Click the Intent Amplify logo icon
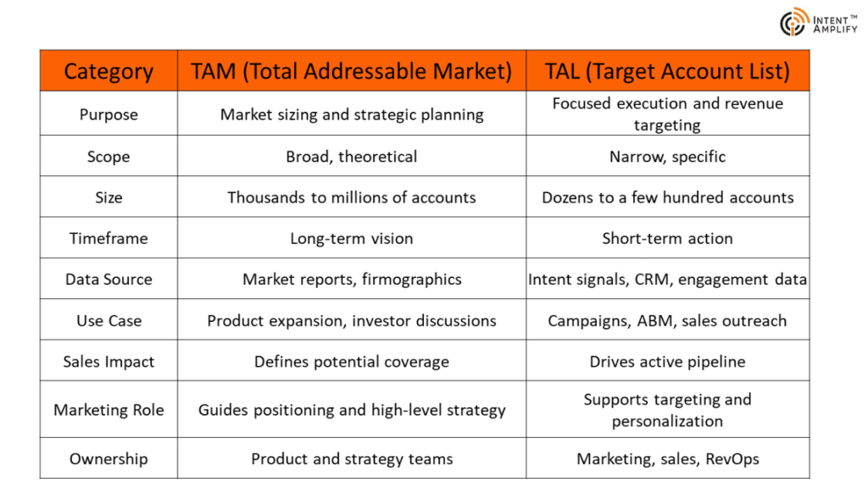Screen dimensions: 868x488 click(x=793, y=22)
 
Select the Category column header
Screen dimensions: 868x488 click(x=108, y=71)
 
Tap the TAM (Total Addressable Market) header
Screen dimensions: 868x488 click(x=352, y=71)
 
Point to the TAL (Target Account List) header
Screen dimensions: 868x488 click(x=667, y=71)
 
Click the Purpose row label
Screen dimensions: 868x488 click(x=108, y=114)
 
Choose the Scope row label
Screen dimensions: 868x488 click(x=108, y=157)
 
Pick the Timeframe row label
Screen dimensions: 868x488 click(x=108, y=238)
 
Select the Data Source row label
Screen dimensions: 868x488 click(x=108, y=280)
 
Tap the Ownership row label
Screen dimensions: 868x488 click(x=108, y=458)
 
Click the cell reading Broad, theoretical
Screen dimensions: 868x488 click(x=352, y=157)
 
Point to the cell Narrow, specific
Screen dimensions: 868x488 click(x=667, y=157)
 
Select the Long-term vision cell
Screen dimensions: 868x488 click(x=352, y=238)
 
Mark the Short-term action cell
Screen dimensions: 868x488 click(x=667, y=238)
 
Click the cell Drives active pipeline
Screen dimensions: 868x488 click(x=667, y=362)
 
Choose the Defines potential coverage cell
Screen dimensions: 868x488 click(x=352, y=362)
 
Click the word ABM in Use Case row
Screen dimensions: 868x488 click(x=655, y=321)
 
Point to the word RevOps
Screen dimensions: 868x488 click(x=732, y=458)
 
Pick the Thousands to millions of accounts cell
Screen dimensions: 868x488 click(x=352, y=197)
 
